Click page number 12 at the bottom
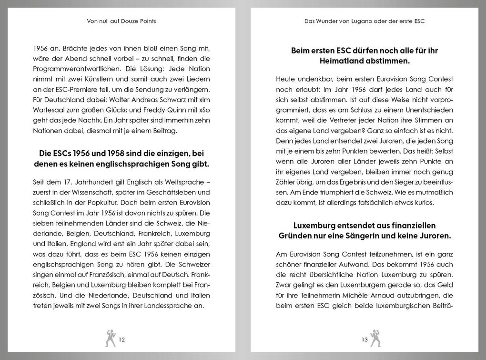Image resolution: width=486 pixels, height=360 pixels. tap(121, 340)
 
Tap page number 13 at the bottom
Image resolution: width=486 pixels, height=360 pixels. tap(364, 340)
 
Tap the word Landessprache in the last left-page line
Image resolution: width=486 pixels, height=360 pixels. tap(170, 306)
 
